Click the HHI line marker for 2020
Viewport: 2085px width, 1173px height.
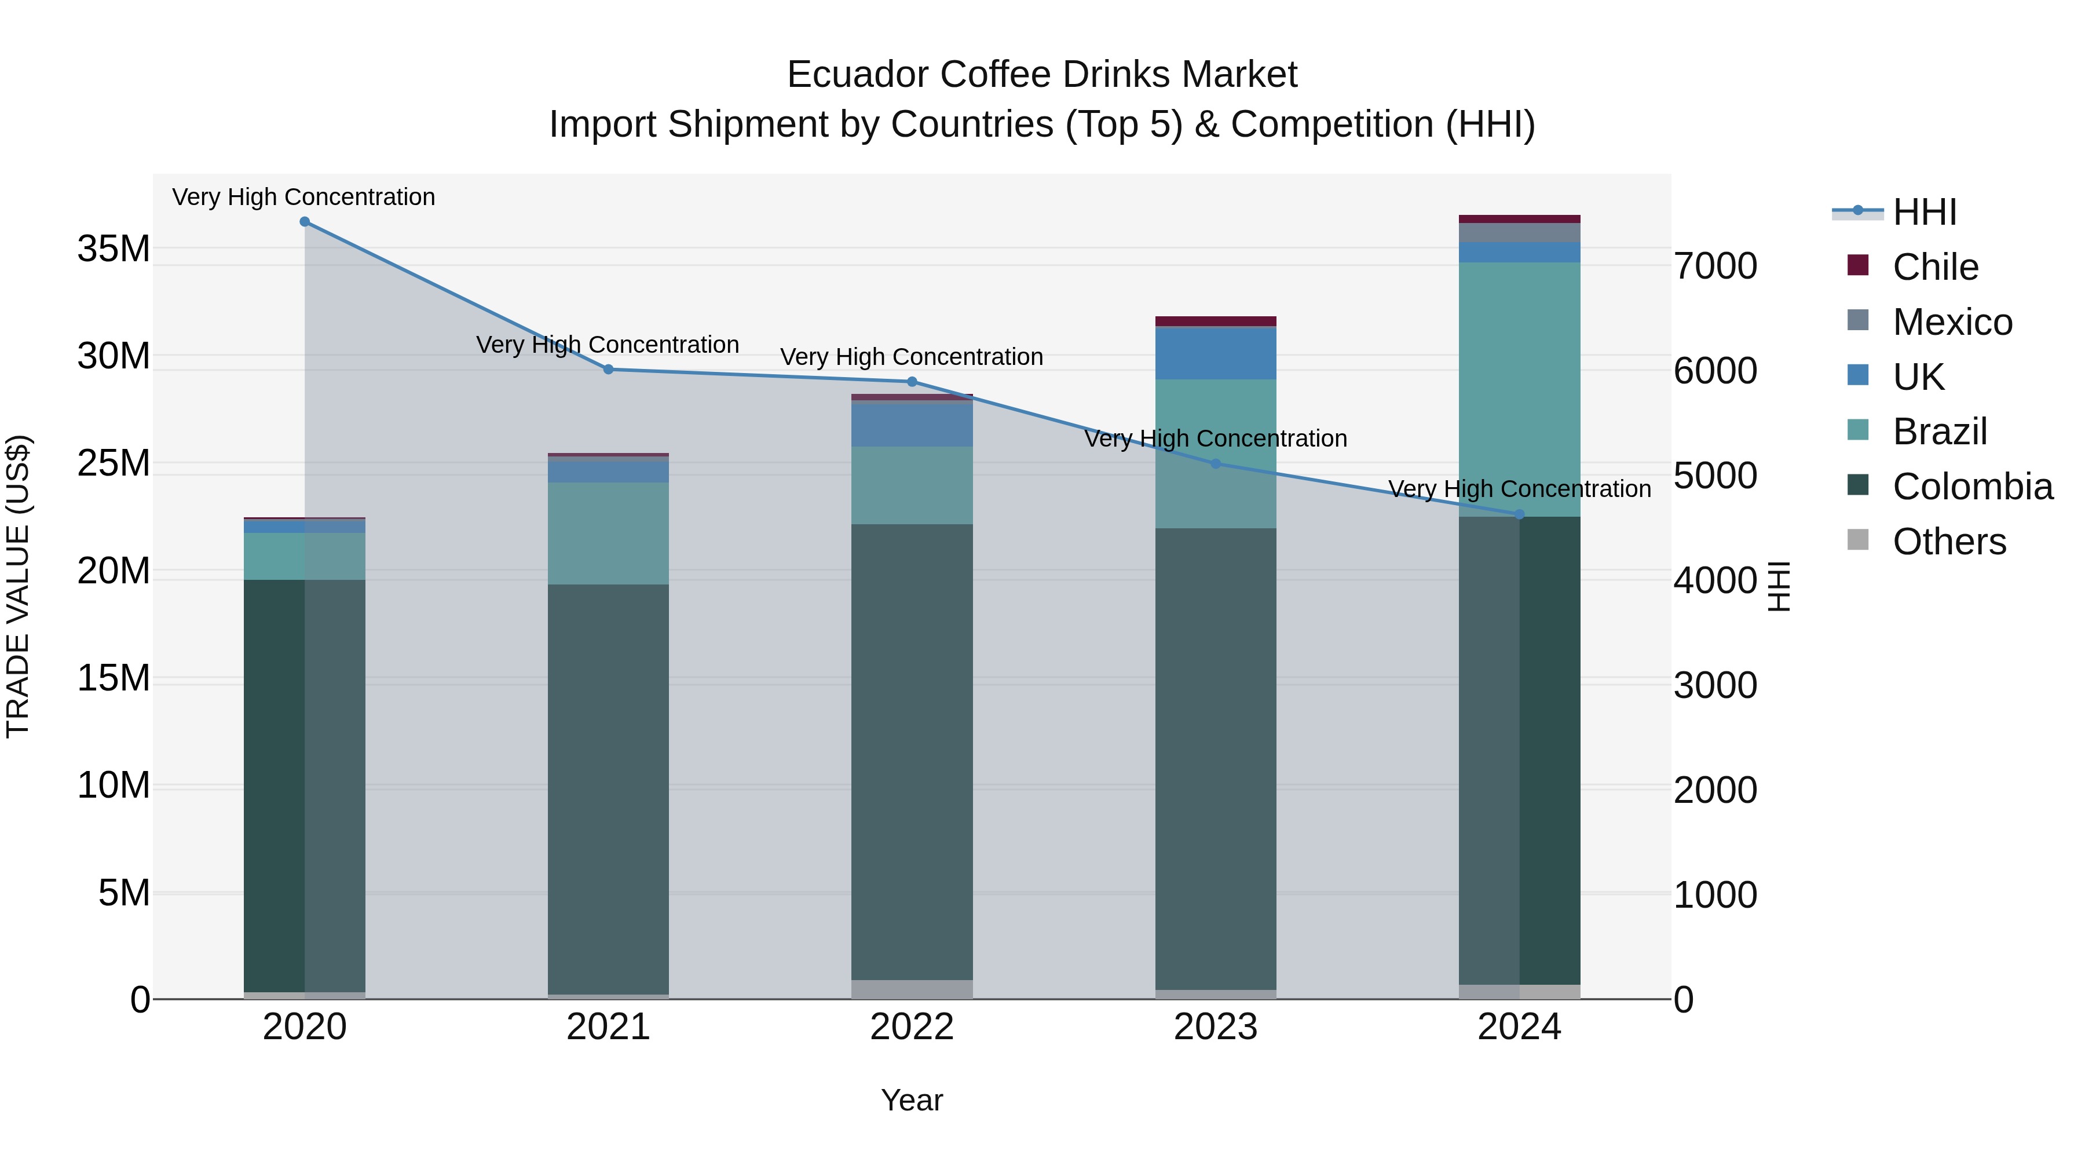pyautogui.click(x=304, y=222)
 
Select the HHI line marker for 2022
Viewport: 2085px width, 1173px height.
pyautogui.click(x=912, y=381)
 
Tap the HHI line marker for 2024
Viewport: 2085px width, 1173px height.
pyautogui.click(x=1519, y=514)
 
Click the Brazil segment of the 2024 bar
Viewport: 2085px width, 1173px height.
pyautogui.click(x=1519, y=389)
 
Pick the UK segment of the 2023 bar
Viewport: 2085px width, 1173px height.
pyautogui.click(x=1216, y=353)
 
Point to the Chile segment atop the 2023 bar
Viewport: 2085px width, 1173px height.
pyautogui.click(x=1216, y=321)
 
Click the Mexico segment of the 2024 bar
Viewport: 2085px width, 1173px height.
pyautogui.click(x=1519, y=232)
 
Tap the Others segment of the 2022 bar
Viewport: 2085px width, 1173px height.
pyautogui.click(x=912, y=989)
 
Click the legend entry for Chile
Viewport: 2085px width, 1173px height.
pyautogui.click(x=1934, y=267)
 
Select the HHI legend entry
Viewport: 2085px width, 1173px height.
pyautogui.click(x=1923, y=212)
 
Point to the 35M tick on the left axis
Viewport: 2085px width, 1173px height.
pyautogui.click(x=114, y=249)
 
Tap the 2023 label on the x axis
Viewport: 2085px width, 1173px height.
pyautogui.click(x=1216, y=1027)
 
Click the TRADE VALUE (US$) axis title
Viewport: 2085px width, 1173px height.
pyautogui.click(x=18, y=586)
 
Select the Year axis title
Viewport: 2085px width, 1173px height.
pyautogui.click(x=912, y=1100)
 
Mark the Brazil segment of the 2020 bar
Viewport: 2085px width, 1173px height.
pyautogui.click(x=304, y=556)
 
